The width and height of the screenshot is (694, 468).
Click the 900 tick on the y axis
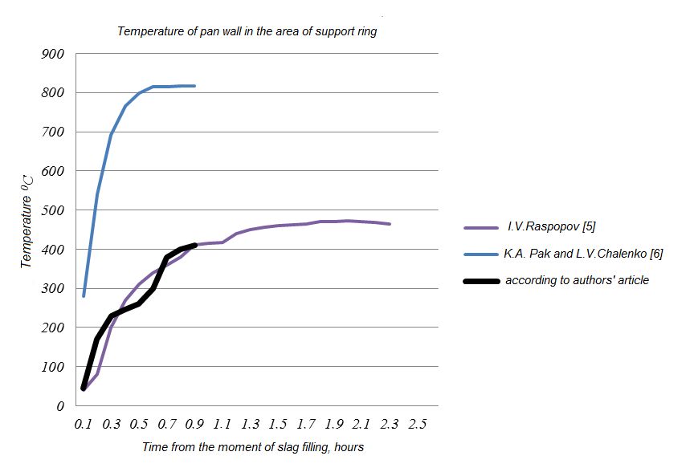[52, 55]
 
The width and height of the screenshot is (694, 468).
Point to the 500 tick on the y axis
[52, 211]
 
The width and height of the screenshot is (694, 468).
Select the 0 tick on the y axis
[59, 407]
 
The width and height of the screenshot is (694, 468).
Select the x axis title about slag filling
[253, 446]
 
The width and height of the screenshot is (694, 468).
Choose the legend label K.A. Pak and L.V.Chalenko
[583, 254]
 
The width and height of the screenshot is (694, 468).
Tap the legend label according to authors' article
[577, 280]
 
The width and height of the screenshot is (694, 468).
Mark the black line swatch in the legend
[480, 281]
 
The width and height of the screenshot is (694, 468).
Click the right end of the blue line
[195, 86]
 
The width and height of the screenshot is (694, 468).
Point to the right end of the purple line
[390, 224]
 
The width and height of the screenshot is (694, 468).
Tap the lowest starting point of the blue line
[84, 296]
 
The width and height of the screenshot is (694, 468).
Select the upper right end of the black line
[195, 246]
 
